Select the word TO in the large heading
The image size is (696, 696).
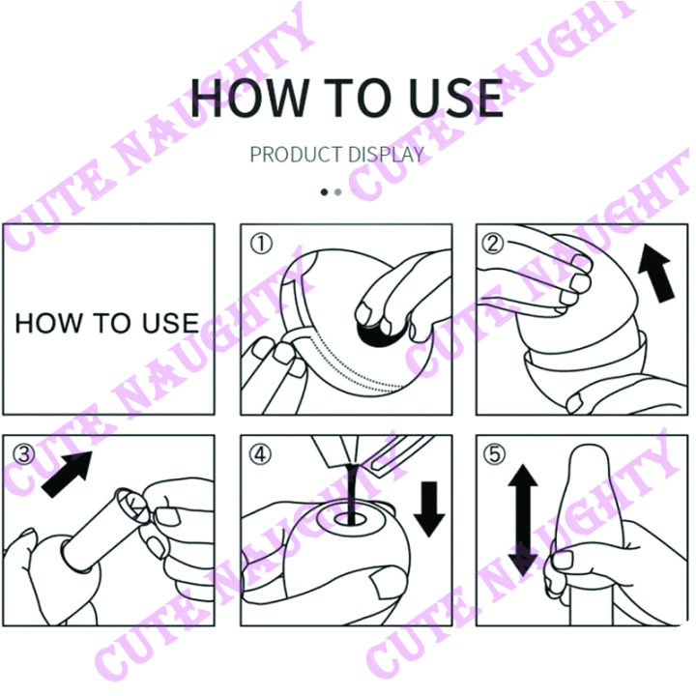(x=348, y=97)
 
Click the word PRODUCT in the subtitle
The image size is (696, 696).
(x=295, y=155)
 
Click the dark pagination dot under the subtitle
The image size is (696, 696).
(x=325, y=191)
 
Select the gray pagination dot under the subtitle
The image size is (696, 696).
(x=337, y=191)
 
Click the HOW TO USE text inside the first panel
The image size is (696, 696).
(x=106, y=323)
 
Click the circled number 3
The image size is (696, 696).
(x=23, y=454)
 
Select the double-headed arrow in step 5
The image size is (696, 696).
(x=522, y=519)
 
